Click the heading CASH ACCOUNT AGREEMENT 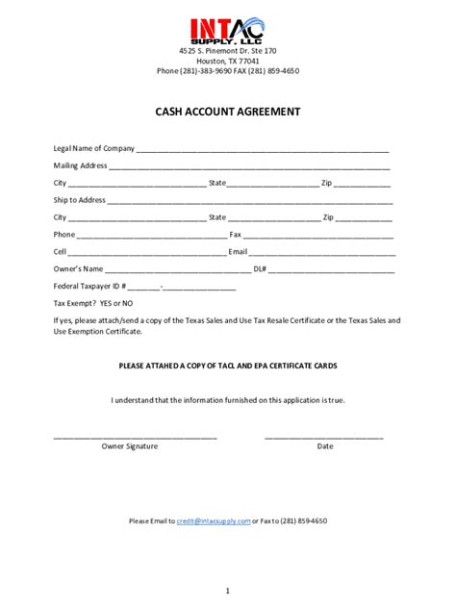click(x=228, y=112)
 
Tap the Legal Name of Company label click(x=94, y=149)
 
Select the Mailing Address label click(x=80, y=165)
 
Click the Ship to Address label click(x=80, y=200)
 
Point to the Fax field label click(x=236, y=235)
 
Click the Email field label click(x=238, y=252)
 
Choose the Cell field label click(x=61, y=252)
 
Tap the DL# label click(x=260, y=269)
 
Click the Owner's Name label click(x=78, y=269)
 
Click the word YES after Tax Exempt click(x=107, y=303)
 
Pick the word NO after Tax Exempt click(x=127, y=303)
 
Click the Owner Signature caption click(x=130, y=446)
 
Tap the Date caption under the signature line click(x=325, y=446)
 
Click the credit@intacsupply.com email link click(x=214, y=520)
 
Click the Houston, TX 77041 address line click(x=228, y=60)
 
